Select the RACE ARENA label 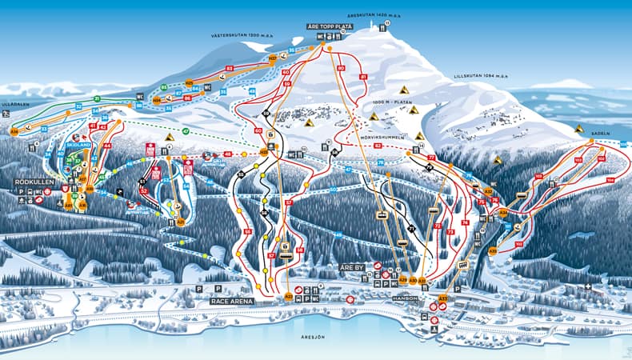pos(232,301)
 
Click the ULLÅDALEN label pos(14,102)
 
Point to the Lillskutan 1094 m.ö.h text pos(478,76)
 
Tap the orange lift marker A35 pos(493,250)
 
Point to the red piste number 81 pos(363,76)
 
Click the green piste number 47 pos(185,130)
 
